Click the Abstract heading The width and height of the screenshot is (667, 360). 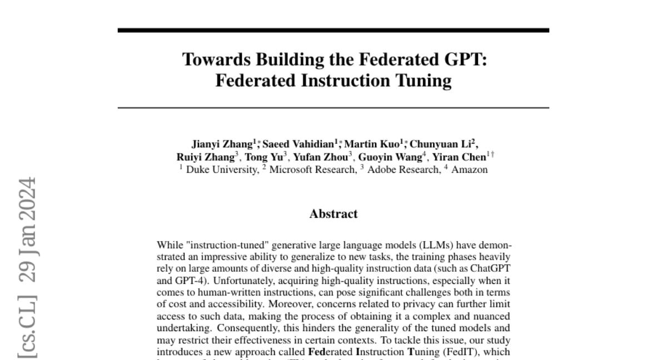coord(333,214)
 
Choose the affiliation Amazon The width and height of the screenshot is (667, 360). coord(469,169)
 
